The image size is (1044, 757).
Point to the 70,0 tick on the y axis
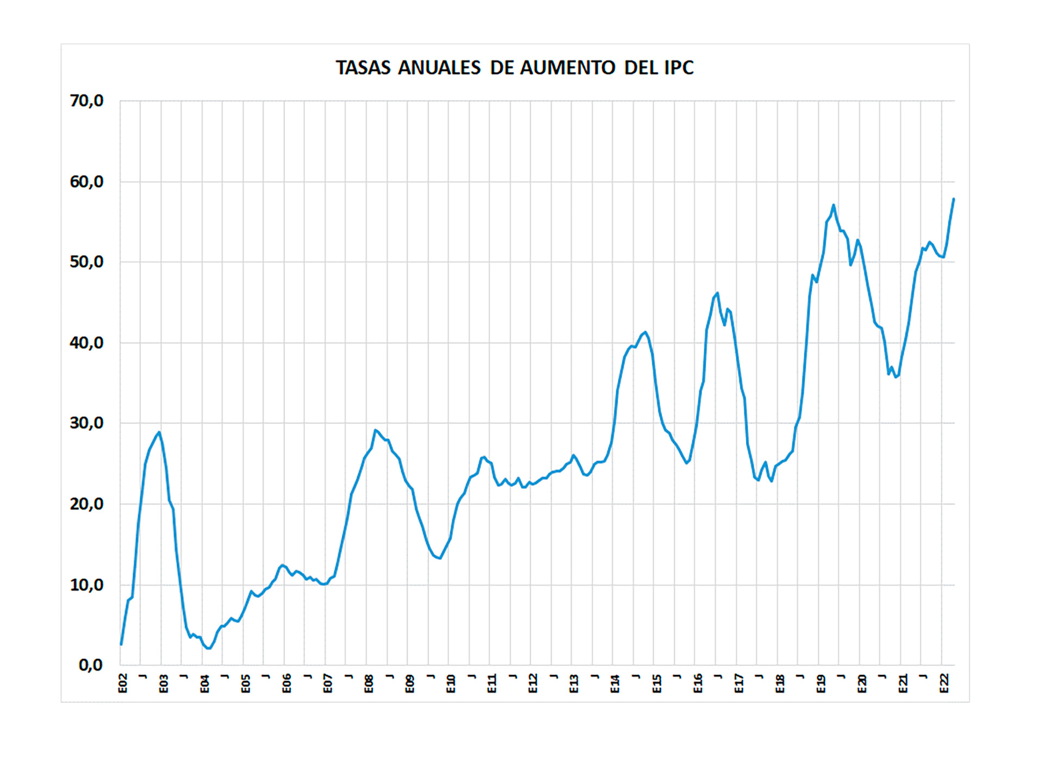86,101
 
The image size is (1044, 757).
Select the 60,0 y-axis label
86,182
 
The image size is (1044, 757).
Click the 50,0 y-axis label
86,262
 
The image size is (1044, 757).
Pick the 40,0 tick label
86,343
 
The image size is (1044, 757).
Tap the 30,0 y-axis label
86,423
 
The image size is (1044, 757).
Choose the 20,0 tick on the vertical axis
86,504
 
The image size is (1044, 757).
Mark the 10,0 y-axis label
86,585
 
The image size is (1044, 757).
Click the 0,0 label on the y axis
91,665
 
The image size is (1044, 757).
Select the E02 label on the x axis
123,684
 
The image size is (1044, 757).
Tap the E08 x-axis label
369,684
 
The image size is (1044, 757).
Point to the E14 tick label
616,684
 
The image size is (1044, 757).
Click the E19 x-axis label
821,684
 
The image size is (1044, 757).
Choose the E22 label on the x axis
944,684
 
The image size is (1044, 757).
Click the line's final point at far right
954,199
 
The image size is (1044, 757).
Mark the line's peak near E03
159,432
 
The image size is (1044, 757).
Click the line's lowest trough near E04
209,648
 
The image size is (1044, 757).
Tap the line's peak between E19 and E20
834,205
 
